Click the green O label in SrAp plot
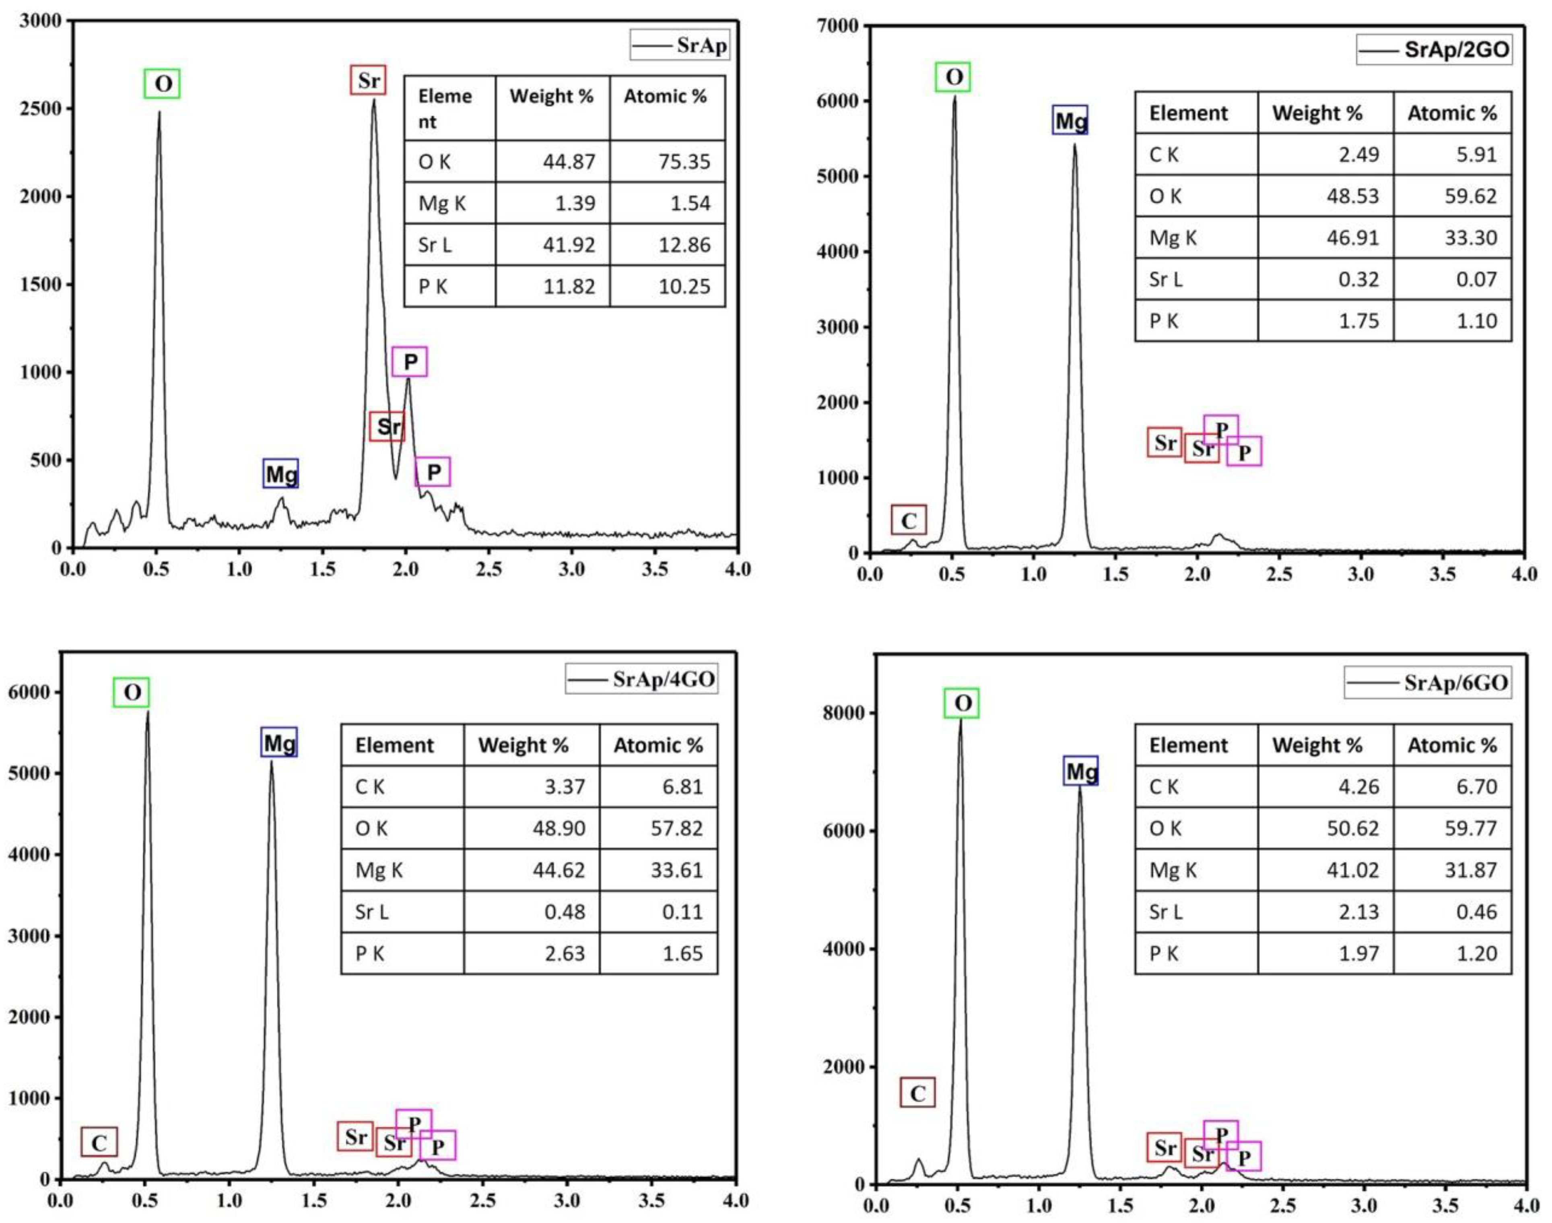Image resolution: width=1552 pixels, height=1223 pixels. pos(162,84)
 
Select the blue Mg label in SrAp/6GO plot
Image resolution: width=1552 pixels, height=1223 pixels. pos(1081,771)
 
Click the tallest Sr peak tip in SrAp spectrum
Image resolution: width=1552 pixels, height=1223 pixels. pos(373,100)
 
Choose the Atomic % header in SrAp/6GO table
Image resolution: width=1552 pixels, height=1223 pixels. pos(1452,745)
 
